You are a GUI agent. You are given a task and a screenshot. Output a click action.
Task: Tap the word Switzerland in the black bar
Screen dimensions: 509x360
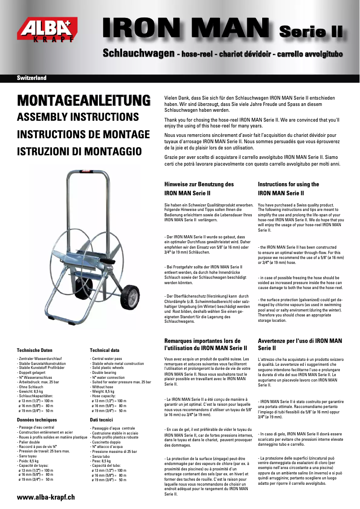(32, 78)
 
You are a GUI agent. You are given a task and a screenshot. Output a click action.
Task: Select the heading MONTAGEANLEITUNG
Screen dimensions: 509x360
(83, 99)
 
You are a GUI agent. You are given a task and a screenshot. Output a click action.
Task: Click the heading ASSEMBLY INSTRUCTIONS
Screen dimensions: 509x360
(78, 118)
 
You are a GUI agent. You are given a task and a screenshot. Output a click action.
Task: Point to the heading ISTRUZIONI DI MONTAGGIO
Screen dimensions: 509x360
(79, 151)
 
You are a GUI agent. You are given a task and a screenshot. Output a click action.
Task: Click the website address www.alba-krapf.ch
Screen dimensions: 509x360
(46, 497)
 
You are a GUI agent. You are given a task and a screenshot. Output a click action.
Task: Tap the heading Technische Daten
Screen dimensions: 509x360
(35, 350)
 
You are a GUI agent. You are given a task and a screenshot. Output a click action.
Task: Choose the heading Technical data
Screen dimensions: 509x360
(105, 350)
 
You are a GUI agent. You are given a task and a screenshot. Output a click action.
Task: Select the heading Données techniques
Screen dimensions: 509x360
(37, 419)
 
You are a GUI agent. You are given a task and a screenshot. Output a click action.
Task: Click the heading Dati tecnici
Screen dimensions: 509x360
(101, 419)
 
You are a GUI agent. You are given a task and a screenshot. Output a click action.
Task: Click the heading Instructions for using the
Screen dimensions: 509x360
(289, 184)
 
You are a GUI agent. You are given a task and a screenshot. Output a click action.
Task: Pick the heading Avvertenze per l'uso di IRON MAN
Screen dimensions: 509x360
(300, 341)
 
